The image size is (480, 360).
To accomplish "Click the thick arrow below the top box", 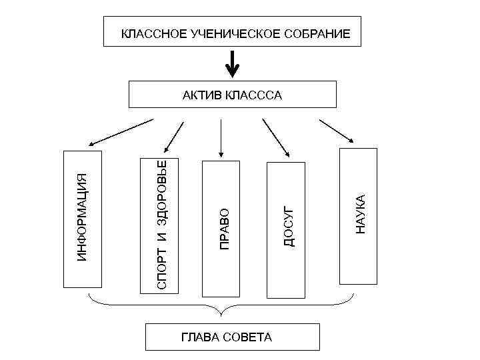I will pyautogui.click(x=232, y=65).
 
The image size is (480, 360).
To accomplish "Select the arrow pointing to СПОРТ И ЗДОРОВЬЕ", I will pyautogui.click(x=173, y=137).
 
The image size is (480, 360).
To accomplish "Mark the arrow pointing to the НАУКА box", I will pyautogui.click(x=337, y=131).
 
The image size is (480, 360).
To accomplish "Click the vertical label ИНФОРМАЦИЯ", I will pyautogui.click(x=82, y=217).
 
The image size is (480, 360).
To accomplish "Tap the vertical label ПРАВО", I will pyautogui.click(x=225, y=229).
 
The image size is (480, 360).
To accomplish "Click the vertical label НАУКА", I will pyautogui.click(x=360, y=214).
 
